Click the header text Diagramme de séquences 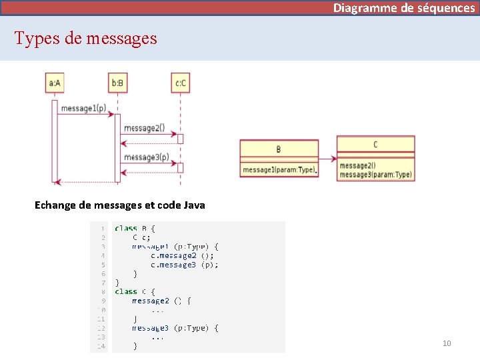tap(404, 8)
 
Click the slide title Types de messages tap(86, 38)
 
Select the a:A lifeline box tap(54, 83)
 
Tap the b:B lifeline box tap(117, 83)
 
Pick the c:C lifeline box tap(180, 83)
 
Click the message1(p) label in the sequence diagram tap(83, 108)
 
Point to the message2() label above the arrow tap(144, 128)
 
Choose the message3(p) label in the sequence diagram tap(146, 157)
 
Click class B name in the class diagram tap(279, 149)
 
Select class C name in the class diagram tap(375, 144)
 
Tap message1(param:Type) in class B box tap(279, 170)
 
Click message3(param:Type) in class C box tap(375, 175)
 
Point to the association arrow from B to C tap(327, 159)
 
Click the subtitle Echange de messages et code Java tap(120, 205)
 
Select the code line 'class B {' tap(135, 229)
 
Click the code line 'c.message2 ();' tap(182, 255)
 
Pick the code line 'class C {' tap(135, 291)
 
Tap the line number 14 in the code tap(101, 346)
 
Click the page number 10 tap(447, 343)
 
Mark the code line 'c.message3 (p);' tap(184, 265)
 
